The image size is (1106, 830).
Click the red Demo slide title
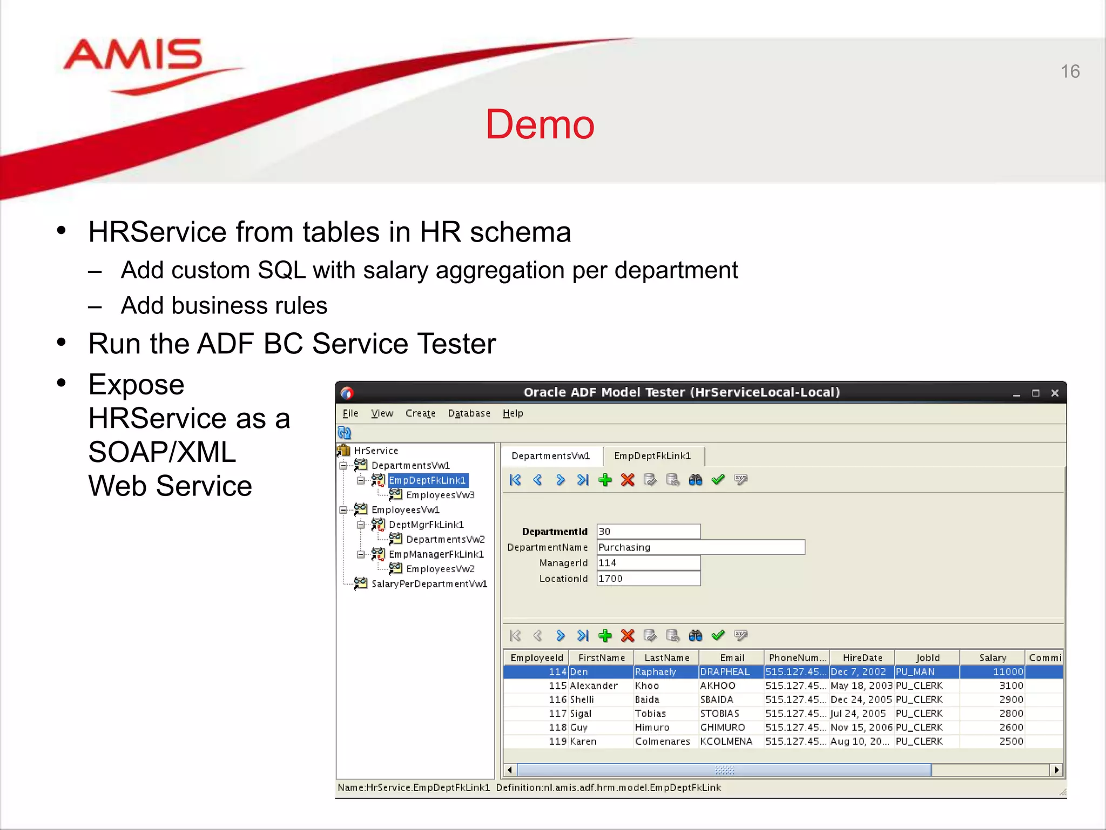click(539, 124)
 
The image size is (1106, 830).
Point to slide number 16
click(1070, 71)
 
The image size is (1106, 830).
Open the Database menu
click(469, 413)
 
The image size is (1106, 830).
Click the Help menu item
click(512, 413)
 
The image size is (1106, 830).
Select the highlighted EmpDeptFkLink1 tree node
click(427, 480)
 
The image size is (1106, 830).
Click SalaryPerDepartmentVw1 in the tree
click(429, 584)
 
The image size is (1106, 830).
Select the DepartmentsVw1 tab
click(550, 456)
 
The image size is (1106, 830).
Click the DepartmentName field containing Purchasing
click(700, 547)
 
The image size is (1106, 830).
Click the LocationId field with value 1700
click(648, 579)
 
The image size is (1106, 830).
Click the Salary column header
click(992, 658)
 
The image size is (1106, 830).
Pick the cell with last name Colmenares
click(663, 741)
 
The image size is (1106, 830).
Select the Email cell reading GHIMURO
click(723, 727)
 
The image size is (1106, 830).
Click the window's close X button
click(1055, 393)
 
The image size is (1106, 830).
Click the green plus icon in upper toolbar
click(605, 480)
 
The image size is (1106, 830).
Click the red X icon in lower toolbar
click(628, 635)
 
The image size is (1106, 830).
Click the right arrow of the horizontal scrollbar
click(1056, 770)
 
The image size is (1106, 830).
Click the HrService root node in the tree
click(376, 451)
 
